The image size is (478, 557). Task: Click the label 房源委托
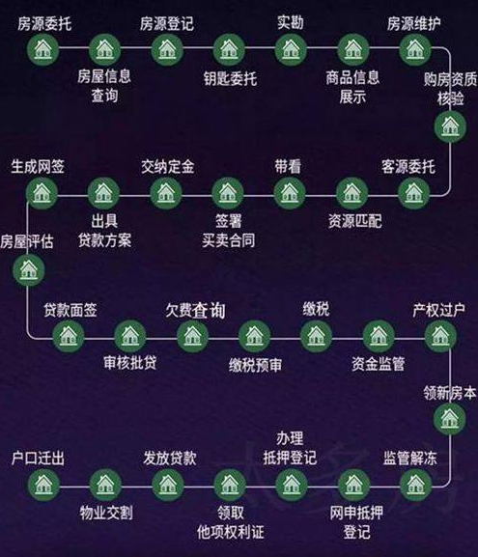pos(44,24)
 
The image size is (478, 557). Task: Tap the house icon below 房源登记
pos(167,50)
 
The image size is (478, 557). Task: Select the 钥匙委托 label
pos(230,78)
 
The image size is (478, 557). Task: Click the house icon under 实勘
pos(291,50)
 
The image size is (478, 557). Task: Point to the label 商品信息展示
pos(352,87)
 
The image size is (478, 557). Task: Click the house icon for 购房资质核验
pos(450,126)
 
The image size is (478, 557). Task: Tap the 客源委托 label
pos(408,166)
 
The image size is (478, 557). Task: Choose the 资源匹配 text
pos(354,221)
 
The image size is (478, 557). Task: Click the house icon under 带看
pos(290,193)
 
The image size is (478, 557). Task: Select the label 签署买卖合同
pos(229,231)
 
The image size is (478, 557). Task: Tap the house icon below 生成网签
pos(42,193)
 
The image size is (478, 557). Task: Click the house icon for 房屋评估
pos(29,270)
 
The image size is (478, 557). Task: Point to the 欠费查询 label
pos(195,310)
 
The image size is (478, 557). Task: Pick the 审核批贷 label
pos(130,363)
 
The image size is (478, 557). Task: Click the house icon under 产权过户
pos(440,336)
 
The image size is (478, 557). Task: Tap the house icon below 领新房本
pos(450,418)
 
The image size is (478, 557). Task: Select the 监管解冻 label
pos(409,458)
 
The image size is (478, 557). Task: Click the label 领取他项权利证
pos(230,522)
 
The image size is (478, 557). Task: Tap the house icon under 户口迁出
pos(43,485)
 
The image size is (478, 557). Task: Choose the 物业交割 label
pos(106,513)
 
